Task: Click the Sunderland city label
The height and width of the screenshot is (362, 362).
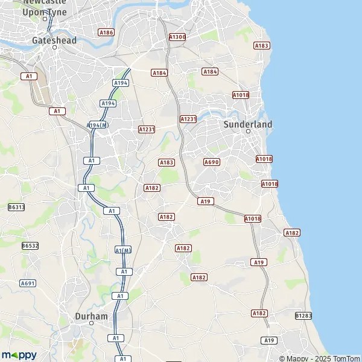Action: click(x=247, y=124)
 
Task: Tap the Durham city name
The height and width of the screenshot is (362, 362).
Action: click(x=92, y=316)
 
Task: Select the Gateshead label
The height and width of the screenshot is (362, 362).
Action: click(x=54, y=40)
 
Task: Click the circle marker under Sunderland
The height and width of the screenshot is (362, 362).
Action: click(x=248, y=132)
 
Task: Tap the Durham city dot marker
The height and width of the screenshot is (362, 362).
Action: click(x=92, y=323)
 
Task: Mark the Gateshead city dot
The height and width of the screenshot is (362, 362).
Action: click(x=54, y=47)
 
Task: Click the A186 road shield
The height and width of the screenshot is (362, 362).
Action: click(x=106, y=32)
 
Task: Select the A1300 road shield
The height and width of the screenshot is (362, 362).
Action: click(x=177, y=37)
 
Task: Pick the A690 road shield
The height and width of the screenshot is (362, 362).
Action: click(x=211, y=162)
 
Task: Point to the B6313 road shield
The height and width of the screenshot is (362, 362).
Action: click(x=16, y=207)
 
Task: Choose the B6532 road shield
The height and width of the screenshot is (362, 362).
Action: click(x=30, y=246)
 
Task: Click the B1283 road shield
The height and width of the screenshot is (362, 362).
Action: click(x=303, y=316)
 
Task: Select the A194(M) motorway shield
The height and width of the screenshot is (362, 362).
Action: click(x=98, y=125)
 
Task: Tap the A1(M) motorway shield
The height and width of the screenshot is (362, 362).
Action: click(x=122, y=250)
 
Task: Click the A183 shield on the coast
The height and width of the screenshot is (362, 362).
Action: click(x=261, y=45)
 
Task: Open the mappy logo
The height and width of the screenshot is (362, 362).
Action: click(x=19, y=355)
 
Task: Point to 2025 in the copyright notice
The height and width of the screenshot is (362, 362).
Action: click(x=318, y=358)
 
